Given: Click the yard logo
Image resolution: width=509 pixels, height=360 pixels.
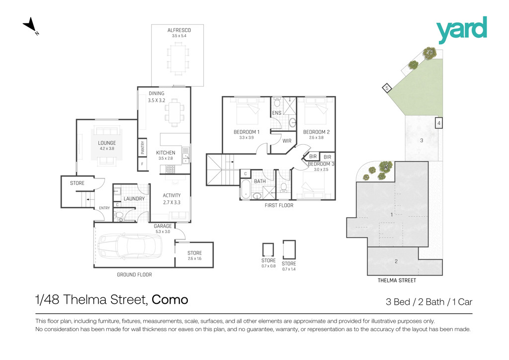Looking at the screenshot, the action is [461, 29].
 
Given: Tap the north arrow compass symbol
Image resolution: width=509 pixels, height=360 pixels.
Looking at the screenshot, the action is [30, 26].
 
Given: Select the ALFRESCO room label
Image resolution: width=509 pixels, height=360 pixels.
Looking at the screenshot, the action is [179, 30].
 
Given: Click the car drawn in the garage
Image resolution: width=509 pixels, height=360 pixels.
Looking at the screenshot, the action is [130, 246].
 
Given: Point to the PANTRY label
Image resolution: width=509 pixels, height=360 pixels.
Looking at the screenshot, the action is [142, 147].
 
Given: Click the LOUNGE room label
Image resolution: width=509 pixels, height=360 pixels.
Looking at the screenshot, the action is [107, 143].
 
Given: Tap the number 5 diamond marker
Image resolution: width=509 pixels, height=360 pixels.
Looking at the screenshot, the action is [386, 88].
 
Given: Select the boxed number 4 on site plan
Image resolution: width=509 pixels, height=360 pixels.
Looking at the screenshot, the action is [438, 123].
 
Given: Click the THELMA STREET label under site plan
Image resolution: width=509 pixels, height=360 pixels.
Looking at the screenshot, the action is [397, 280].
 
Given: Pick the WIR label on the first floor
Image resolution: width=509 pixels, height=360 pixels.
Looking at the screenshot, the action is [287, 141].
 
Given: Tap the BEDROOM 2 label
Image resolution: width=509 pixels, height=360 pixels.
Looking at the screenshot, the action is [316, 132].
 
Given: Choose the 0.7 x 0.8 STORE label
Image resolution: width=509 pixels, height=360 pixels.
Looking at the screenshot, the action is [268, 263].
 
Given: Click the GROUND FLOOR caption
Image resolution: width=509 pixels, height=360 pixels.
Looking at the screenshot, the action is [134, 274].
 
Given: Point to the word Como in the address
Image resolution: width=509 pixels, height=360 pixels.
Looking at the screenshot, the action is [170, 300].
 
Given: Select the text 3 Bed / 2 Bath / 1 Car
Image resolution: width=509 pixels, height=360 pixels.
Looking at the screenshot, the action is [429, 302].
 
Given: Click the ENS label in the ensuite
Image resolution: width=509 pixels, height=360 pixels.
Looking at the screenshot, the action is [276, 113].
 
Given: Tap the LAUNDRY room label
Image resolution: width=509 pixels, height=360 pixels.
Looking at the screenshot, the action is [134, 199].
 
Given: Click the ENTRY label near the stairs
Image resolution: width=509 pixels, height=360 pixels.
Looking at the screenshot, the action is [104, 208].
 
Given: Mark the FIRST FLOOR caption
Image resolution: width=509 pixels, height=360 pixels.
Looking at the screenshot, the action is [279, 205].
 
